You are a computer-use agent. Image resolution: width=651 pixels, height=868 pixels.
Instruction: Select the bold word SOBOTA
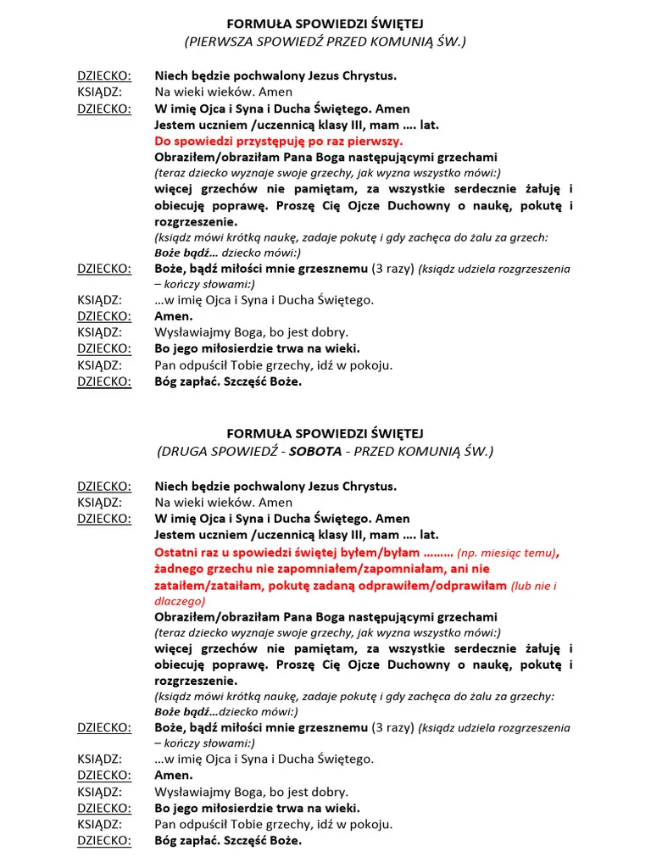pyautogui.click(x=314, y=451)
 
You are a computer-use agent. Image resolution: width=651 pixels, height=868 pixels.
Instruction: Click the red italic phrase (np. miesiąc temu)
pyautogui.click(x=506, y=553)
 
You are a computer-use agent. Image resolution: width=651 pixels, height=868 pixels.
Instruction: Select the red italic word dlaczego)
pyautogui.click(x=180, y=601)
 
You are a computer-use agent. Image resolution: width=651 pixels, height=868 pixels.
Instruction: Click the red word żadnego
pyautogui.click(x=178, y=569)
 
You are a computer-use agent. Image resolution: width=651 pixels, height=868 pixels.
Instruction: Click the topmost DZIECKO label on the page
pyautogui.click(x=104, y=75)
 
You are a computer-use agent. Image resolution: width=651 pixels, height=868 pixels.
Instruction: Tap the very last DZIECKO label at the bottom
pyautogui.click(x=104, y=841)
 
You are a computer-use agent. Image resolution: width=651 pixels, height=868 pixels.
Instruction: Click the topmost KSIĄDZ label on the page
pyautogui.click(x=99, y=92)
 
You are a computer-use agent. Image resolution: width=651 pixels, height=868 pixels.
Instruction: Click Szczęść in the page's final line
pyautogui.click(x=241, y=841)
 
